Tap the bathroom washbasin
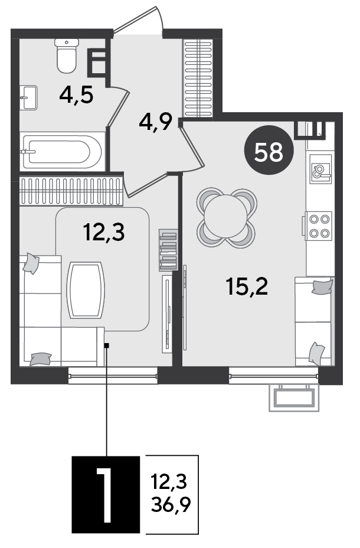tap(28, 97)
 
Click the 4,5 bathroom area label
tap(76, 94)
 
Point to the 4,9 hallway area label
tap(156, 122)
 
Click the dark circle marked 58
tap(269, 150)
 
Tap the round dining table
tap(225, 217)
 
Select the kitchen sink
tap(320, 169)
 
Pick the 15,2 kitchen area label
tap(247, 286)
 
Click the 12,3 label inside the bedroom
tap(104, 232)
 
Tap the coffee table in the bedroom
tap(86, 290)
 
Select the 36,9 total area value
tap(171, 504)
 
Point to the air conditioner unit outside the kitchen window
tap(294, 398)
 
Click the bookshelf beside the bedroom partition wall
tap(168, 250)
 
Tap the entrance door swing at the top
tap(139, 22)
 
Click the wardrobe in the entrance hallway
tap(198, 79)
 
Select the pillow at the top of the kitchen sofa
tap(322, 286)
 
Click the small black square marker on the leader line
tap(107, 345)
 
